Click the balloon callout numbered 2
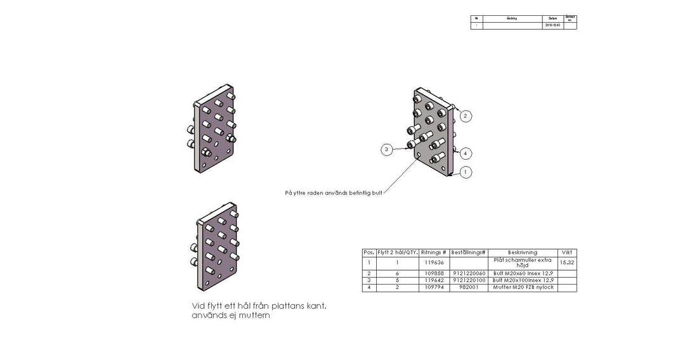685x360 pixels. point(466,116)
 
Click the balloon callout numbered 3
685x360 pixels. point(386,150)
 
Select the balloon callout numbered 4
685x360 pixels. point(466,153)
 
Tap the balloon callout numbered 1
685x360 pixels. point(466,172)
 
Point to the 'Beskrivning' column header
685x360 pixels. point(522,252)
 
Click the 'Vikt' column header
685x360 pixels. point(567,252)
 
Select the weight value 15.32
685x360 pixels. point(567,262)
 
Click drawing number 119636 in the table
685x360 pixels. point(434,262)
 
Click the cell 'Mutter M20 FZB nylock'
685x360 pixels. point(523,288)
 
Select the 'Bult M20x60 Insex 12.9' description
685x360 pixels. point(523,273)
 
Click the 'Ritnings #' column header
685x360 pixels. point(434,252)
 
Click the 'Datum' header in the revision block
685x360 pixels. point(552,18)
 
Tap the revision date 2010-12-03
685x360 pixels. point(552,26)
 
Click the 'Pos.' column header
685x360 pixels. point(369,252)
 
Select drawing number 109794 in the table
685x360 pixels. point(434,288)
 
